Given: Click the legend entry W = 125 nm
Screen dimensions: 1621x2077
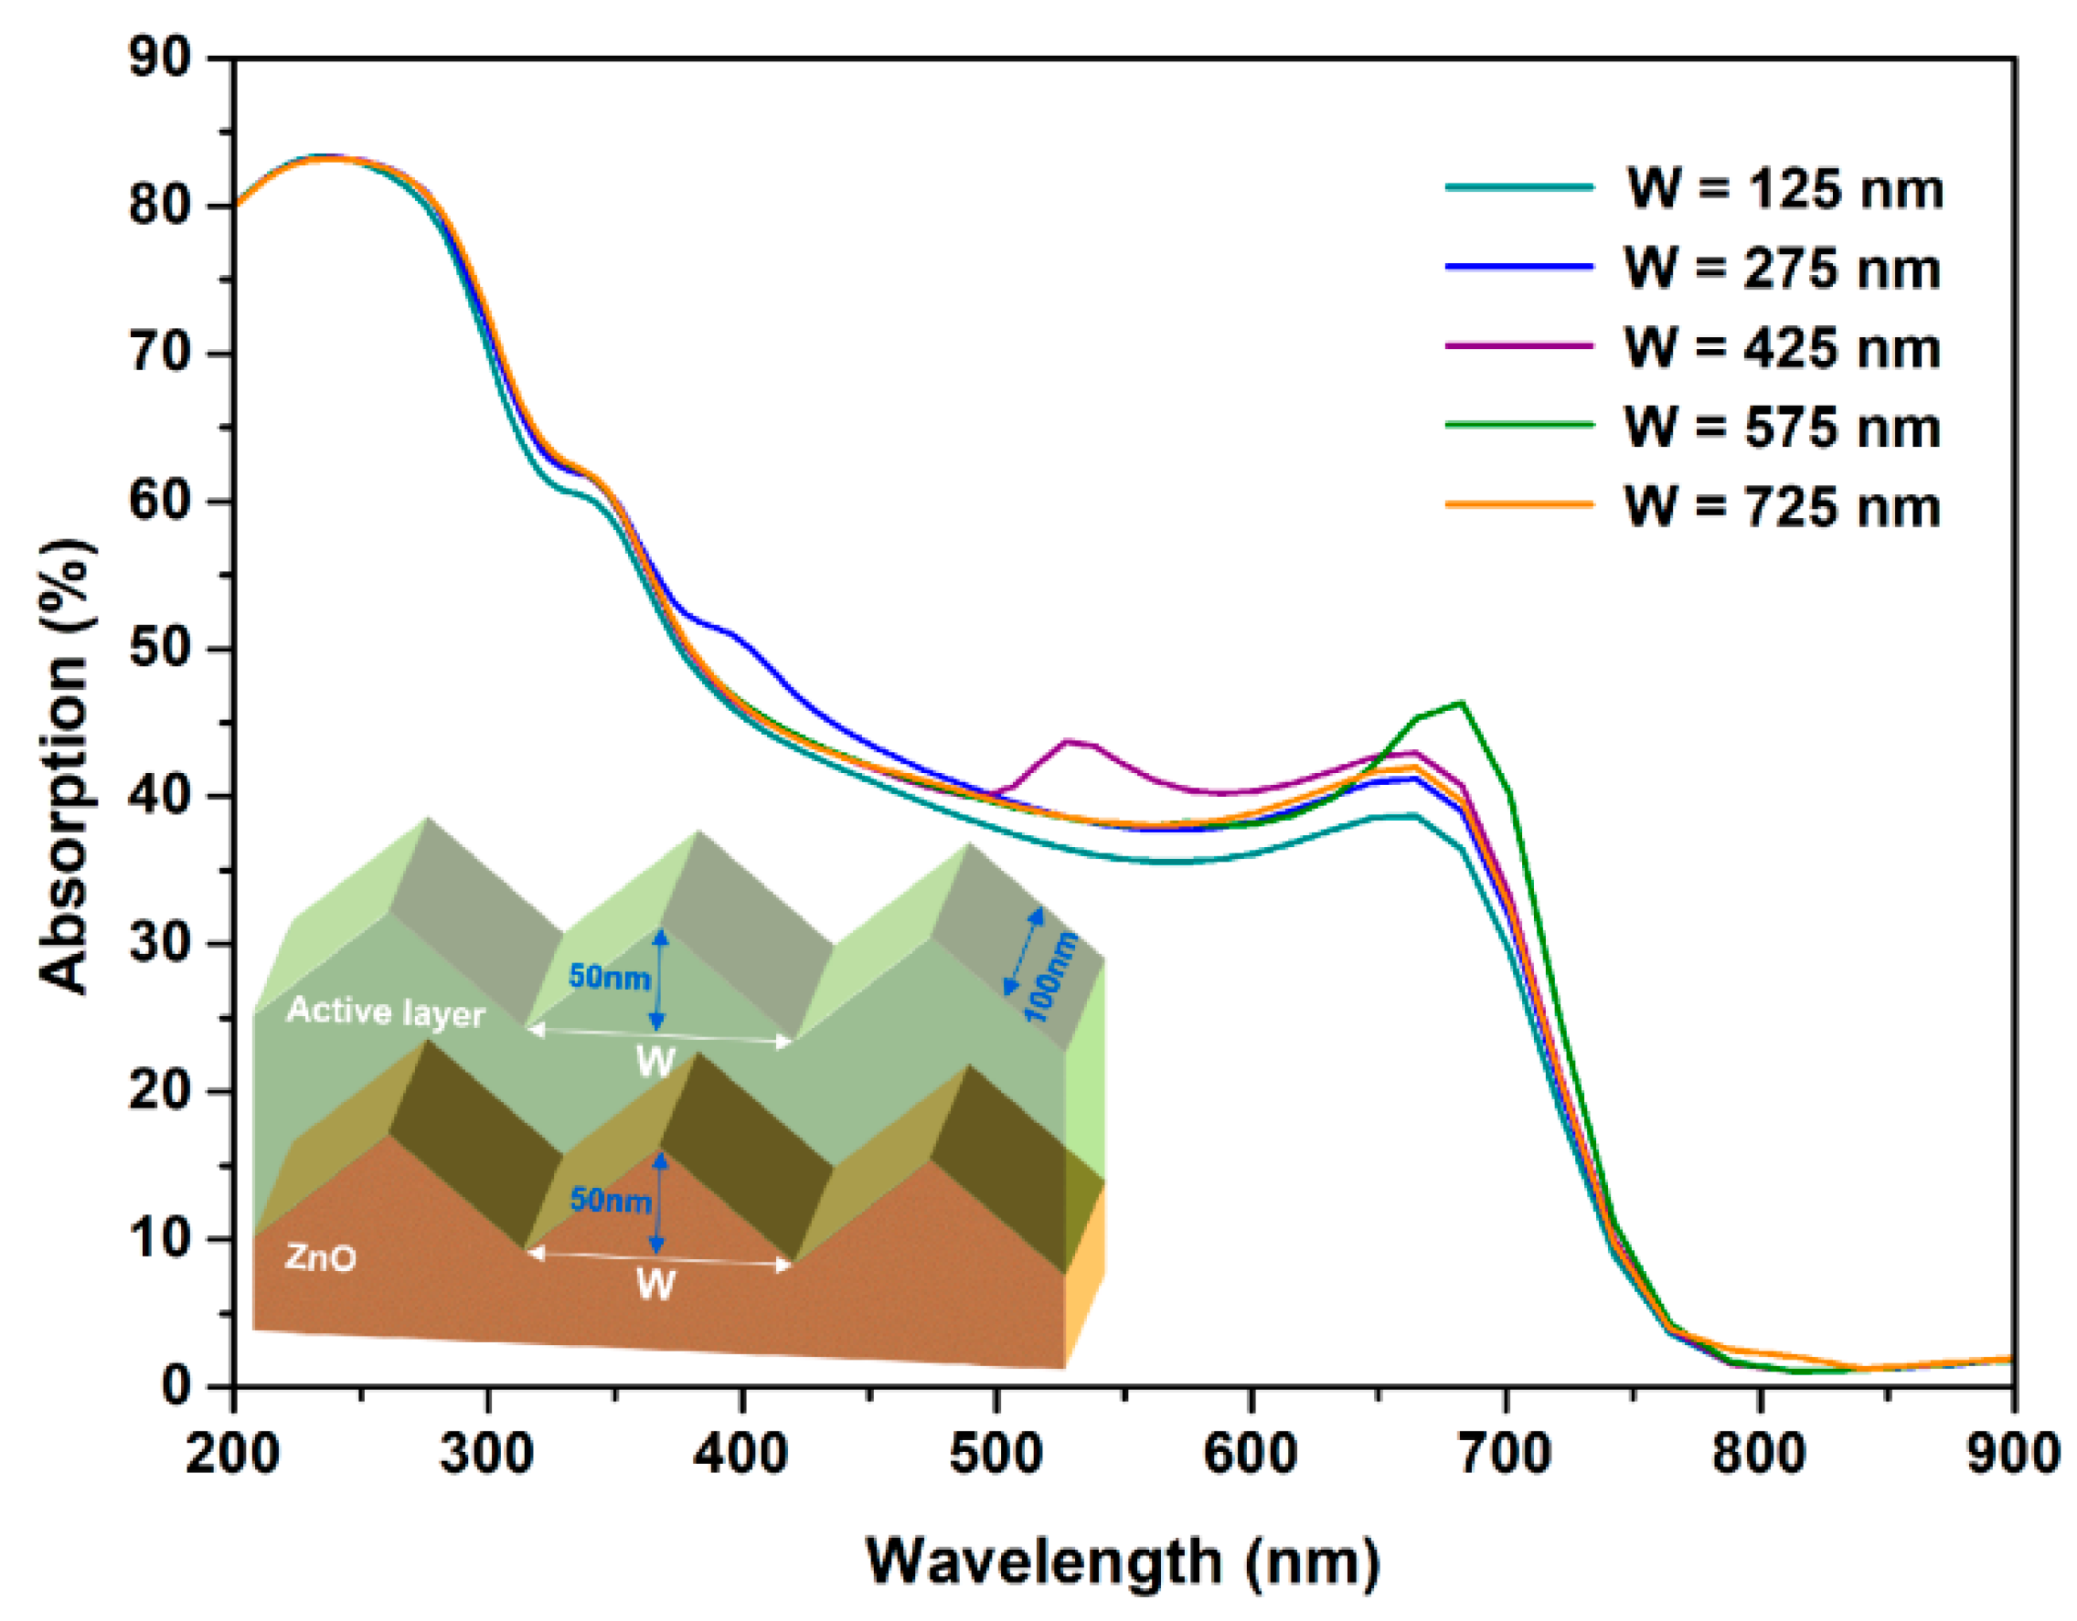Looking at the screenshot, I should (1784, 189).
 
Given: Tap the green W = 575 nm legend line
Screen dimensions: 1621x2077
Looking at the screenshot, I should (1518, 425).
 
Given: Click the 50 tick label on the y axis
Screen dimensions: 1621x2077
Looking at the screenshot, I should (160, 650).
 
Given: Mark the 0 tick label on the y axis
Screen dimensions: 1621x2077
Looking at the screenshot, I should (176, 1386).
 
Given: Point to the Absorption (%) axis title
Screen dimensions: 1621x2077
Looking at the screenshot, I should (67, 767).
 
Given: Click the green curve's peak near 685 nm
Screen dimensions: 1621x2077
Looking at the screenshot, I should (1461, 704).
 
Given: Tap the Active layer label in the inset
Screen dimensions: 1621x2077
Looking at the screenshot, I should (385, 1012).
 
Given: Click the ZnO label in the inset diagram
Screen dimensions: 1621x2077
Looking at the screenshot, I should (321, 1259).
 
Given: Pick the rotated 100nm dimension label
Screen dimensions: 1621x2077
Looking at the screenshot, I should (1052, 978).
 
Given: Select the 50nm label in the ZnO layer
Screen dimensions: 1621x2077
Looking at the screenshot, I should (610, 1200).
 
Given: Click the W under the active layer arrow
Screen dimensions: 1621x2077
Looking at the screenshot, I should (655, 1063).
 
